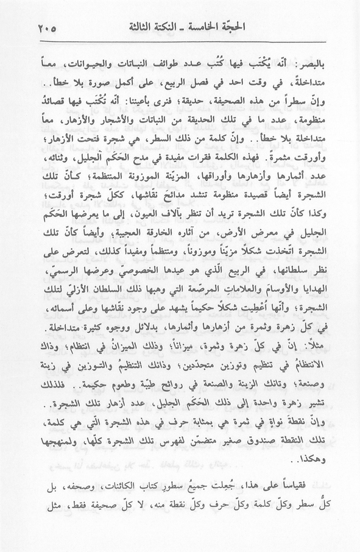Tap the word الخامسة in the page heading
[192, 28]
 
